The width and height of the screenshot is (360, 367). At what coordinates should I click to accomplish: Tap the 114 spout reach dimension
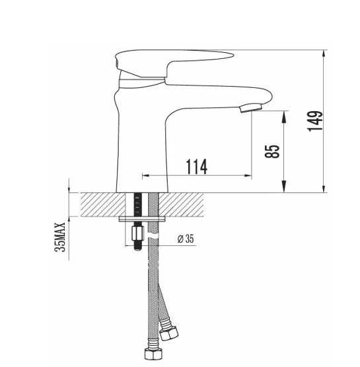coord(196,167)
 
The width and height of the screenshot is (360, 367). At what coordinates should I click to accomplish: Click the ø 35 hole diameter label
coord(187,239)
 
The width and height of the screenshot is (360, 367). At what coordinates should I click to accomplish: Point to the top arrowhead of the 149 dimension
coord(325,54)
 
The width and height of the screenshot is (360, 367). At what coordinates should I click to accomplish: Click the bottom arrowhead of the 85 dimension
coord(284,188)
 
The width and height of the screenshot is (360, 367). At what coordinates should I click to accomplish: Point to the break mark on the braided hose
coord(154,235)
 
